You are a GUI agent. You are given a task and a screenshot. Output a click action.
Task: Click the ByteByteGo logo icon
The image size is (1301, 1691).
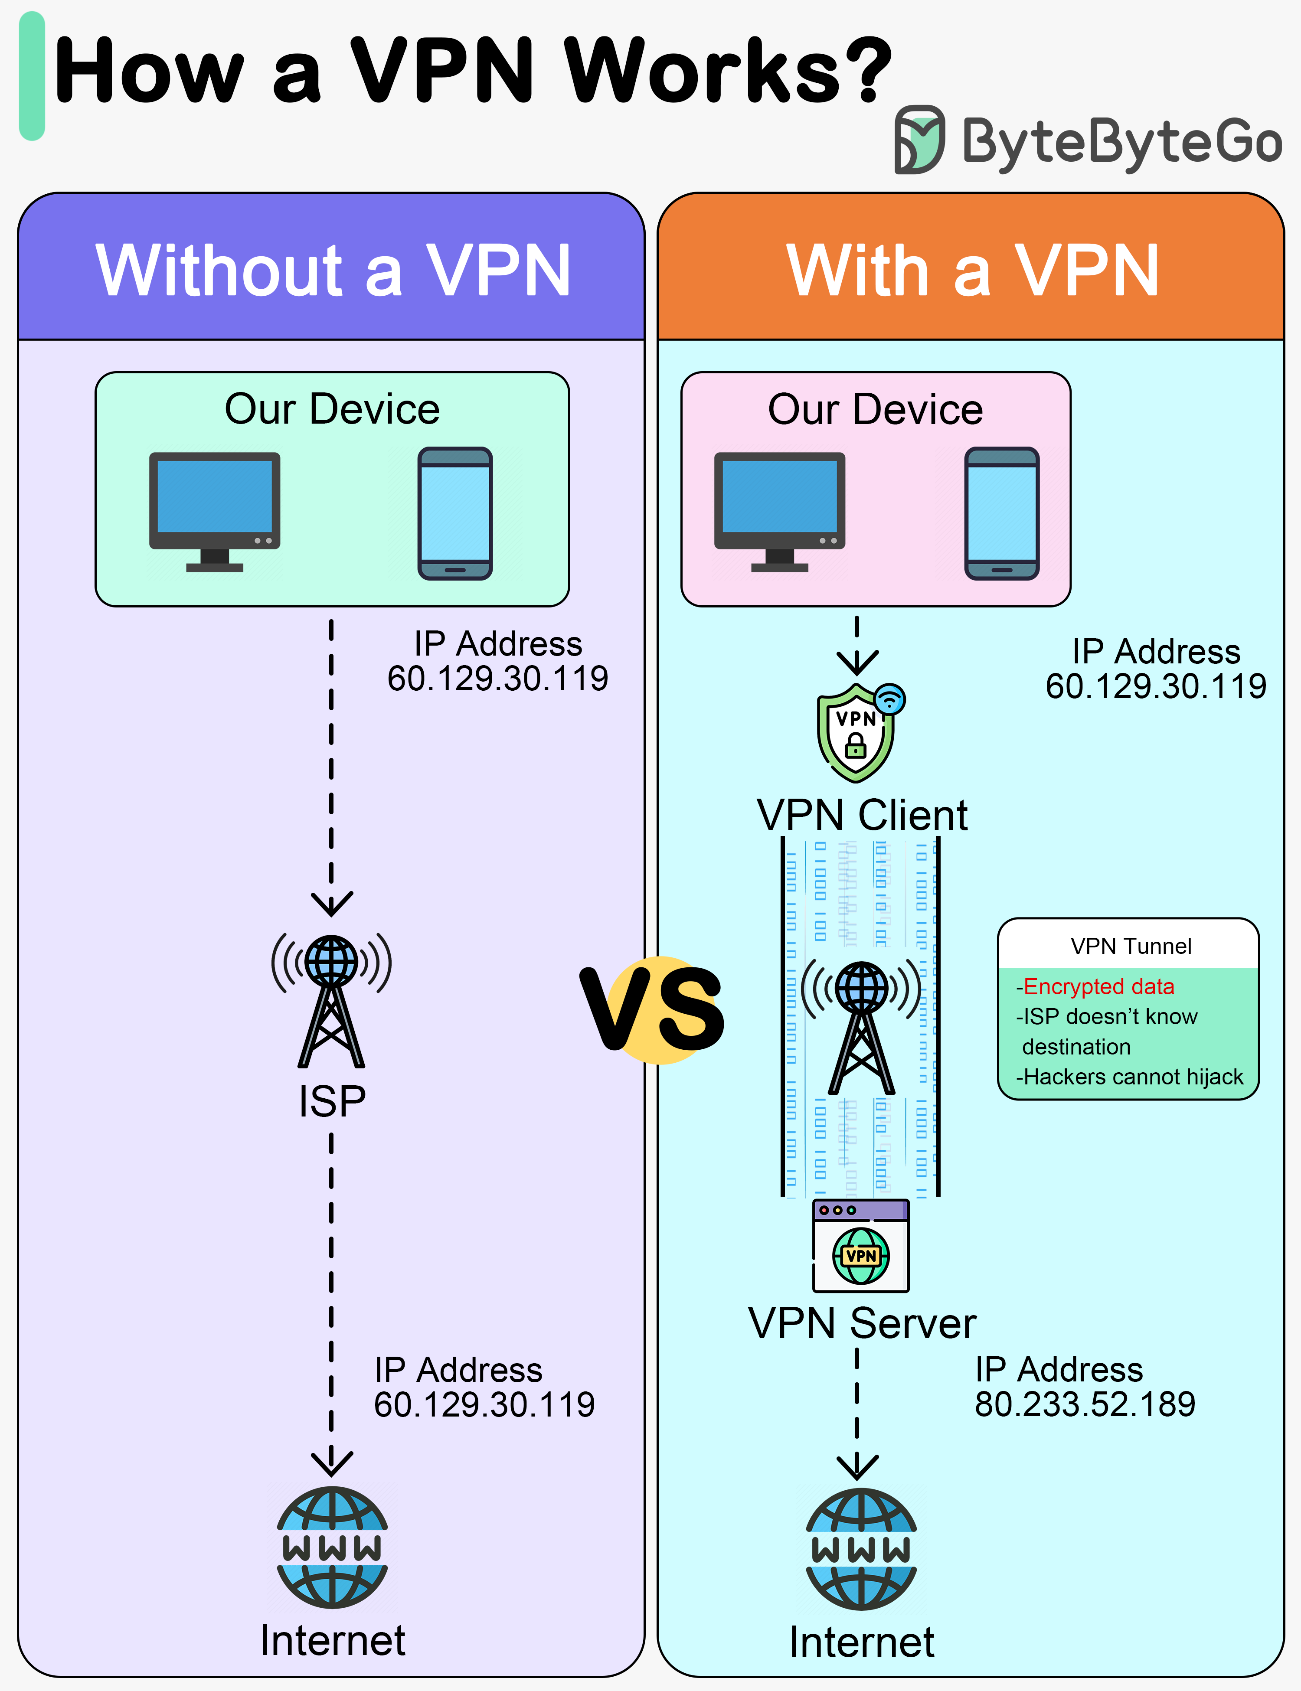click(x=919, y=139)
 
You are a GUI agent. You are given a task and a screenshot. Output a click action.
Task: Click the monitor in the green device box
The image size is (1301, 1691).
click(x=215, y=511)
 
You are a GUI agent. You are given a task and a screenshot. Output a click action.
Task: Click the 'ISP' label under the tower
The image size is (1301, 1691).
click(x=331, y=1101)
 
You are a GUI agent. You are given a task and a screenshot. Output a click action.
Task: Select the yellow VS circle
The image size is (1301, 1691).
click(x=654, y=1010)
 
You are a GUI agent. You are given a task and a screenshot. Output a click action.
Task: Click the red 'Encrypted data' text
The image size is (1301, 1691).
click(x=1098, y=986)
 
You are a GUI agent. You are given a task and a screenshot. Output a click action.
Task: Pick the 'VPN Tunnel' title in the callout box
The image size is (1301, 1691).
click(x=1131, y=946)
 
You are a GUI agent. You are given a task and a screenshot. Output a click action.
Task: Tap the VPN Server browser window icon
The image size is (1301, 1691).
click(x=860, y=1245)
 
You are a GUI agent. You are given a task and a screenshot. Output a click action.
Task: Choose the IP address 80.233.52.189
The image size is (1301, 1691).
click(x=1084, y=1404)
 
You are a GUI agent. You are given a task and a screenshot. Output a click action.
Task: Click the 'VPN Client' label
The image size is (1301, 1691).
click(x=862, y=815)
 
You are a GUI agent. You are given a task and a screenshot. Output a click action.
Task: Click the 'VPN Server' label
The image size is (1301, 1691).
click(x=862, y=1323)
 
